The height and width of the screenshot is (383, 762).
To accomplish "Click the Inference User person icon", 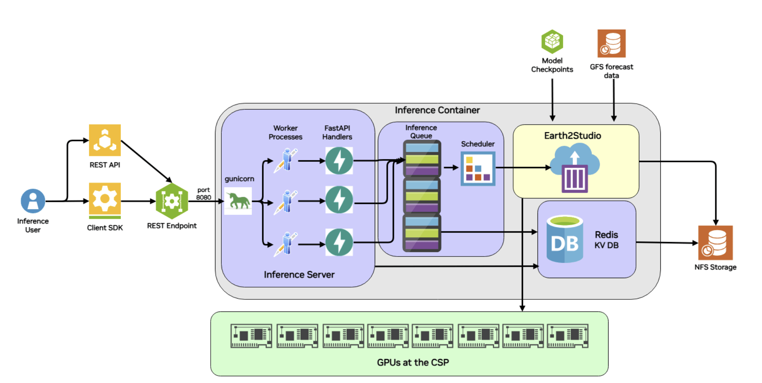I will [33, 201].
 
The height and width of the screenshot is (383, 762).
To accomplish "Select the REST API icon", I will [105, 140].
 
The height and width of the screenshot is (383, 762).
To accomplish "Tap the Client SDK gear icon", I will [105, 199].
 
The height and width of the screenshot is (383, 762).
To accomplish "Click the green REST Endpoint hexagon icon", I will [172, 201].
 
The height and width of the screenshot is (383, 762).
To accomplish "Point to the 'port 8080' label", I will [203, 194].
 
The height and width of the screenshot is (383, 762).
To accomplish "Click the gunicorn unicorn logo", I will [238, 201].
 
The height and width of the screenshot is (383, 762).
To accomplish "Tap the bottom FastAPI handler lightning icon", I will [339, 242].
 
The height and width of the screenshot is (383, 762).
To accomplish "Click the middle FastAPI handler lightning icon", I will [339, 200].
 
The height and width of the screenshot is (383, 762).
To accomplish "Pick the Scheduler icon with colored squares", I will [478, 169].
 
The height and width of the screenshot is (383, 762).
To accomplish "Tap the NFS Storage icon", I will [715, 243].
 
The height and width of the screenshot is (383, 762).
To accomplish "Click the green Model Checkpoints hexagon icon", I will [552, 42].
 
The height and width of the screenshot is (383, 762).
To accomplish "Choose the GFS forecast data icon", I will [611, 44].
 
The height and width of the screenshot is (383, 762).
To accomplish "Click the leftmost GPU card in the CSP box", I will [251, 336].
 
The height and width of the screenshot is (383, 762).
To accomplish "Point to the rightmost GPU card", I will [567, 336].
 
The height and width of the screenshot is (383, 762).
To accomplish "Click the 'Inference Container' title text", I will [437, 110].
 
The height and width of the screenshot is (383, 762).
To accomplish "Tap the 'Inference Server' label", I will [299, 275].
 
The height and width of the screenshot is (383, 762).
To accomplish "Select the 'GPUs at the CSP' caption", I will [413, 362].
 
